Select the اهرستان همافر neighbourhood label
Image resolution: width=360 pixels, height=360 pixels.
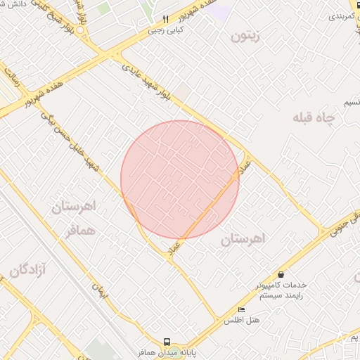[73, 217]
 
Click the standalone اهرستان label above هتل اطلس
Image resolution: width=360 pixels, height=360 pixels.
[244, 239]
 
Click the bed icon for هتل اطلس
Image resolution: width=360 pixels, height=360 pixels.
[242, 309]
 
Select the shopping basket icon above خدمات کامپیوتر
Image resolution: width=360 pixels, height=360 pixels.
[281, 274]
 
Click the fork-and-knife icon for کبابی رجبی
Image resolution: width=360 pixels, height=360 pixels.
[166, 19]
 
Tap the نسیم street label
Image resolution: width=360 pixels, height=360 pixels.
[352, 103]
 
